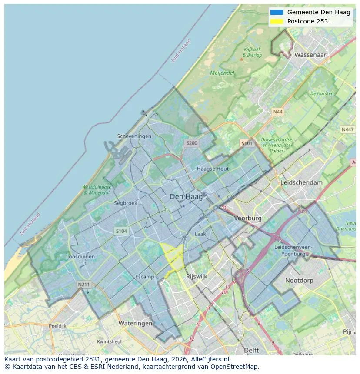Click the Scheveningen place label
134,136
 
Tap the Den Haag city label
186,197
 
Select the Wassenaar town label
310,55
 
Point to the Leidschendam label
302,182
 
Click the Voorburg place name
247,218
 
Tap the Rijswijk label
197,276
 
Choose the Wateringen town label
135,323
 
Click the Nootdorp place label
299,280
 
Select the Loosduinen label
80,257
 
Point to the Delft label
251,350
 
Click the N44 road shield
277,112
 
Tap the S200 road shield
191,143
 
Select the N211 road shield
84,285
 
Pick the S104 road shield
121,231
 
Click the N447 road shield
347,129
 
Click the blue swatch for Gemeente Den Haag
276,12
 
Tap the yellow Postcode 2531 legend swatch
276,21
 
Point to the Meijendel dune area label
222,73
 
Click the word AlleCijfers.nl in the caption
210,359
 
